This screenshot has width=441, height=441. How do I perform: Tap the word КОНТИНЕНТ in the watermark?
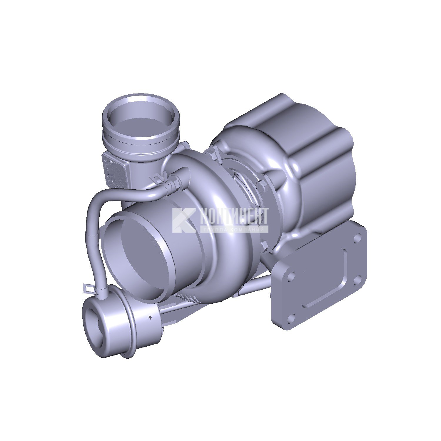[234, 216]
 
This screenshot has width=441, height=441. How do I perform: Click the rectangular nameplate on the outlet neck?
[115, 171]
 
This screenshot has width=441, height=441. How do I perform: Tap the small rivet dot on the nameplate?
[111, 161]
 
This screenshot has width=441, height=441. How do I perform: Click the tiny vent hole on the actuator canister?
[150, 317]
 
